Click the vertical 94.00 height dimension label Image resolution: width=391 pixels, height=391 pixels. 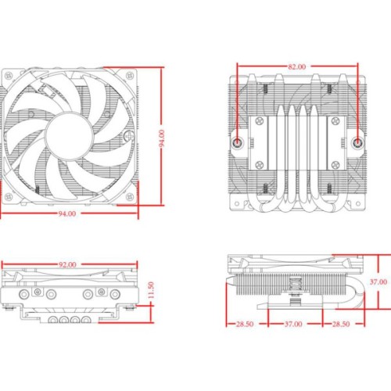coord(163,138)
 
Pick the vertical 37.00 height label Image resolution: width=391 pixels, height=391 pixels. coord(378,282)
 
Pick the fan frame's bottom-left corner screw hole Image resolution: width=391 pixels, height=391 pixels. coord(10,197)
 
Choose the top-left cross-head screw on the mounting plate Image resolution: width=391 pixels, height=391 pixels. coord(257,123)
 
